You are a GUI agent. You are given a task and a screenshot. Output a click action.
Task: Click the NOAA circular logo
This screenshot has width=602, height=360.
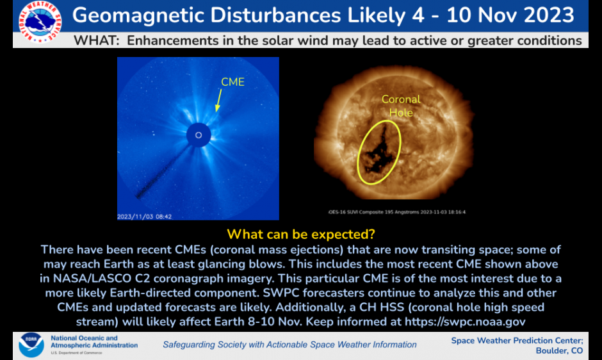click(31, 345)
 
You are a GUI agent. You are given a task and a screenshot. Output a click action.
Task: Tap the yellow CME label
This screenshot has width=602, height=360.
click(232, 82)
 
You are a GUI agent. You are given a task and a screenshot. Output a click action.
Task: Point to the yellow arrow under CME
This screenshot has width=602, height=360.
click(219, 100)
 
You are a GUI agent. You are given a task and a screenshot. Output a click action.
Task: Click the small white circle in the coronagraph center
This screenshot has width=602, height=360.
click(199, 135)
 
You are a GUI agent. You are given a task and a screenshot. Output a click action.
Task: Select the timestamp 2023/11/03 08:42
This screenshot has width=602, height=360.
click(144, 217)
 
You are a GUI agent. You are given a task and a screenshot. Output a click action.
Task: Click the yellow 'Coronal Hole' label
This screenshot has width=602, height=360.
click(401, 106)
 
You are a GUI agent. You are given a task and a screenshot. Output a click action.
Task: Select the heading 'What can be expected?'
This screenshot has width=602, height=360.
click(301, 234)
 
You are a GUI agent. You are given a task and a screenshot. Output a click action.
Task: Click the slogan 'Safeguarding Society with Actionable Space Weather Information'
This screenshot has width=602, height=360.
click(289, 345)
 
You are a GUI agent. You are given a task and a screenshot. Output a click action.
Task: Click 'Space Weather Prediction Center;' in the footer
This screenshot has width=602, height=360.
click(517, 340)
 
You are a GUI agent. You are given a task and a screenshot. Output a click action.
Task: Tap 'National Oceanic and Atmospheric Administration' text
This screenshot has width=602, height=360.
click(94, 342)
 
